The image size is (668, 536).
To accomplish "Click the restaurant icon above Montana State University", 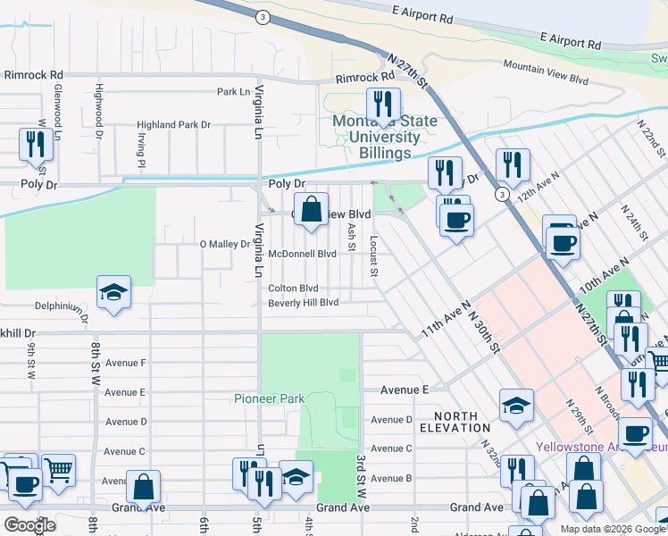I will pyautogui.click(x=383, y=105).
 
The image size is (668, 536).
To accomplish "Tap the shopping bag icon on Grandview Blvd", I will pyautogui.click(x=310, y=211).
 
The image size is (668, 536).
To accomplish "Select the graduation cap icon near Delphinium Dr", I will pyautogui.click(x=113, y=293).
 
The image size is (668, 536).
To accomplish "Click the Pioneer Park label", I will pyautogui.click(x=269, y=398).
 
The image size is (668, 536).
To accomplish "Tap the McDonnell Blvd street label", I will pyautogui.click(x=303, y=254).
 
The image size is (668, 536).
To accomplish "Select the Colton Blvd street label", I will pyautogui.click(x=293, y=289).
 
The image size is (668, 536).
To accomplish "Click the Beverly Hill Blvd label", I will pyautogui.click(x=304, y=303).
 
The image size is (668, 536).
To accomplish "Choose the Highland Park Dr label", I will pyautogui.click(x=173, y=125).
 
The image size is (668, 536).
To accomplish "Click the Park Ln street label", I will pyautogui.click(x=233, y=92).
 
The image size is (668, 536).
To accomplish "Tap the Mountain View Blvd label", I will pyautogui.click(x=546, y=72).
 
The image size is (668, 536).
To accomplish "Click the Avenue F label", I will pyautogui.click(x=125, y=363).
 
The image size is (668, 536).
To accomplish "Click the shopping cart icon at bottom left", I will pyautogui.click(x=58, y=469).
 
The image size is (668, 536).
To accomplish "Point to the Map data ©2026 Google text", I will pyautogui.click(x=613, y=529).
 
